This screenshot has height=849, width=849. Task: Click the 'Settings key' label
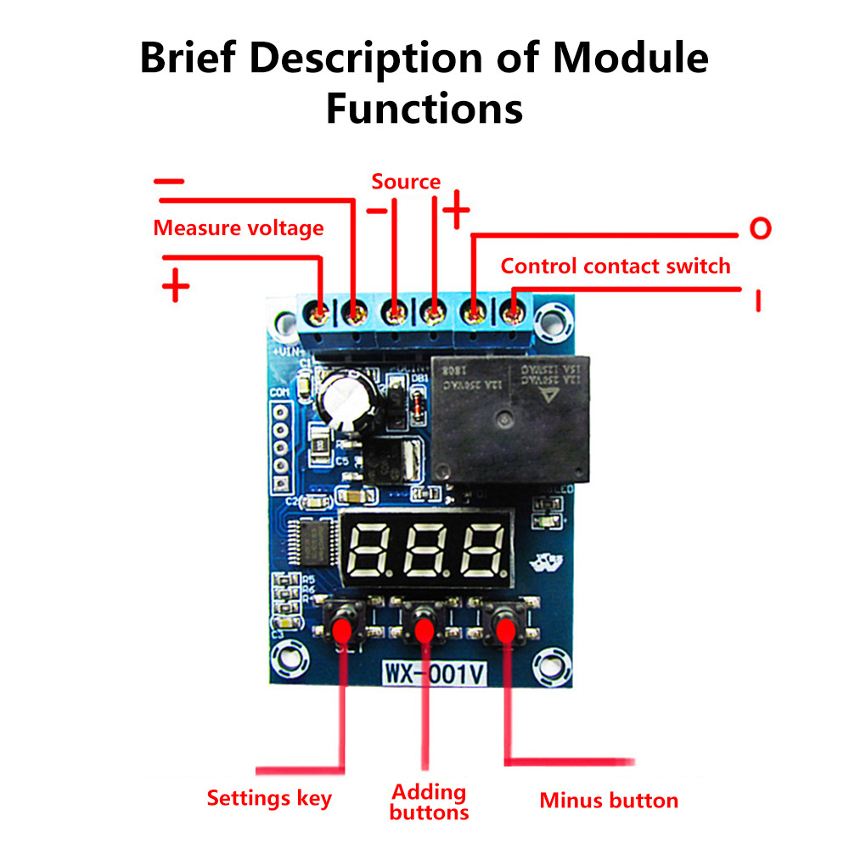(269, 799)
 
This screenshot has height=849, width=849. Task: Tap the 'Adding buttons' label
(430, 802)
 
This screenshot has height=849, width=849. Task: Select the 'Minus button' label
(609, 801)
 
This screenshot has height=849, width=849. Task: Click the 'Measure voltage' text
(239, 228)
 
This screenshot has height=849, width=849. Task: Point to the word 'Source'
(406, 182)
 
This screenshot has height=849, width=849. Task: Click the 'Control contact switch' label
(616, 266)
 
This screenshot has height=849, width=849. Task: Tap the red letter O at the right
(760, 228)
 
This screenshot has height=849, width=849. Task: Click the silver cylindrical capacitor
(344, 399)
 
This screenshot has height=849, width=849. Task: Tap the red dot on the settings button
(342, 630)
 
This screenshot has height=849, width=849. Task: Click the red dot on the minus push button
(506, 631)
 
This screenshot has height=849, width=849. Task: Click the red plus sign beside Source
(456, 209)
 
